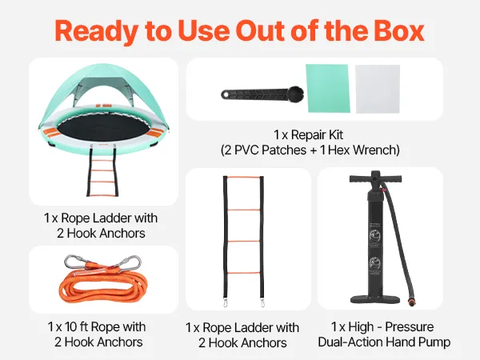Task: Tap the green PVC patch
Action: click(x=328, y=88)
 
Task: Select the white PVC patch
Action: click(x=378, y=89)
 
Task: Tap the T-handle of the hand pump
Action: click(x=376, y=178)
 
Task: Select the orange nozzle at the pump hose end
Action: click(x=410, y=303)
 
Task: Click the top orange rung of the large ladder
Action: click(x=243, y=177)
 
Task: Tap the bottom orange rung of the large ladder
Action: click(x=244, y=273)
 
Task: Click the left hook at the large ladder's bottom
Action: click(x=226, y=303)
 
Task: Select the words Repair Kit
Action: click(x=317, y=134)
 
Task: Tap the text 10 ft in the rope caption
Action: click(x=76, y=326)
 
